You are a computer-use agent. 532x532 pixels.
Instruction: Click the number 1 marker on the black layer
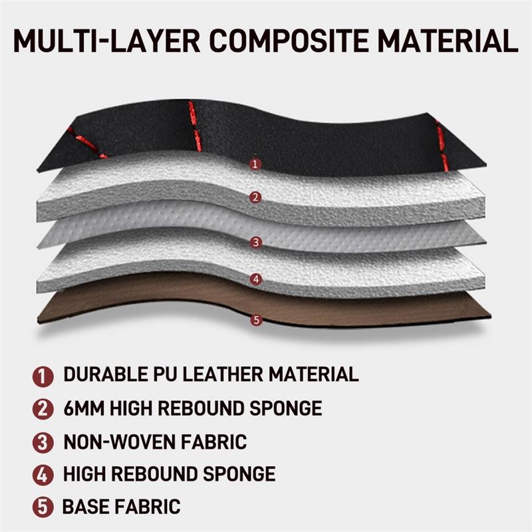coord(255,164)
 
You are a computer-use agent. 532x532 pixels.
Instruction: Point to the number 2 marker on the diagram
coord(255,198)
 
